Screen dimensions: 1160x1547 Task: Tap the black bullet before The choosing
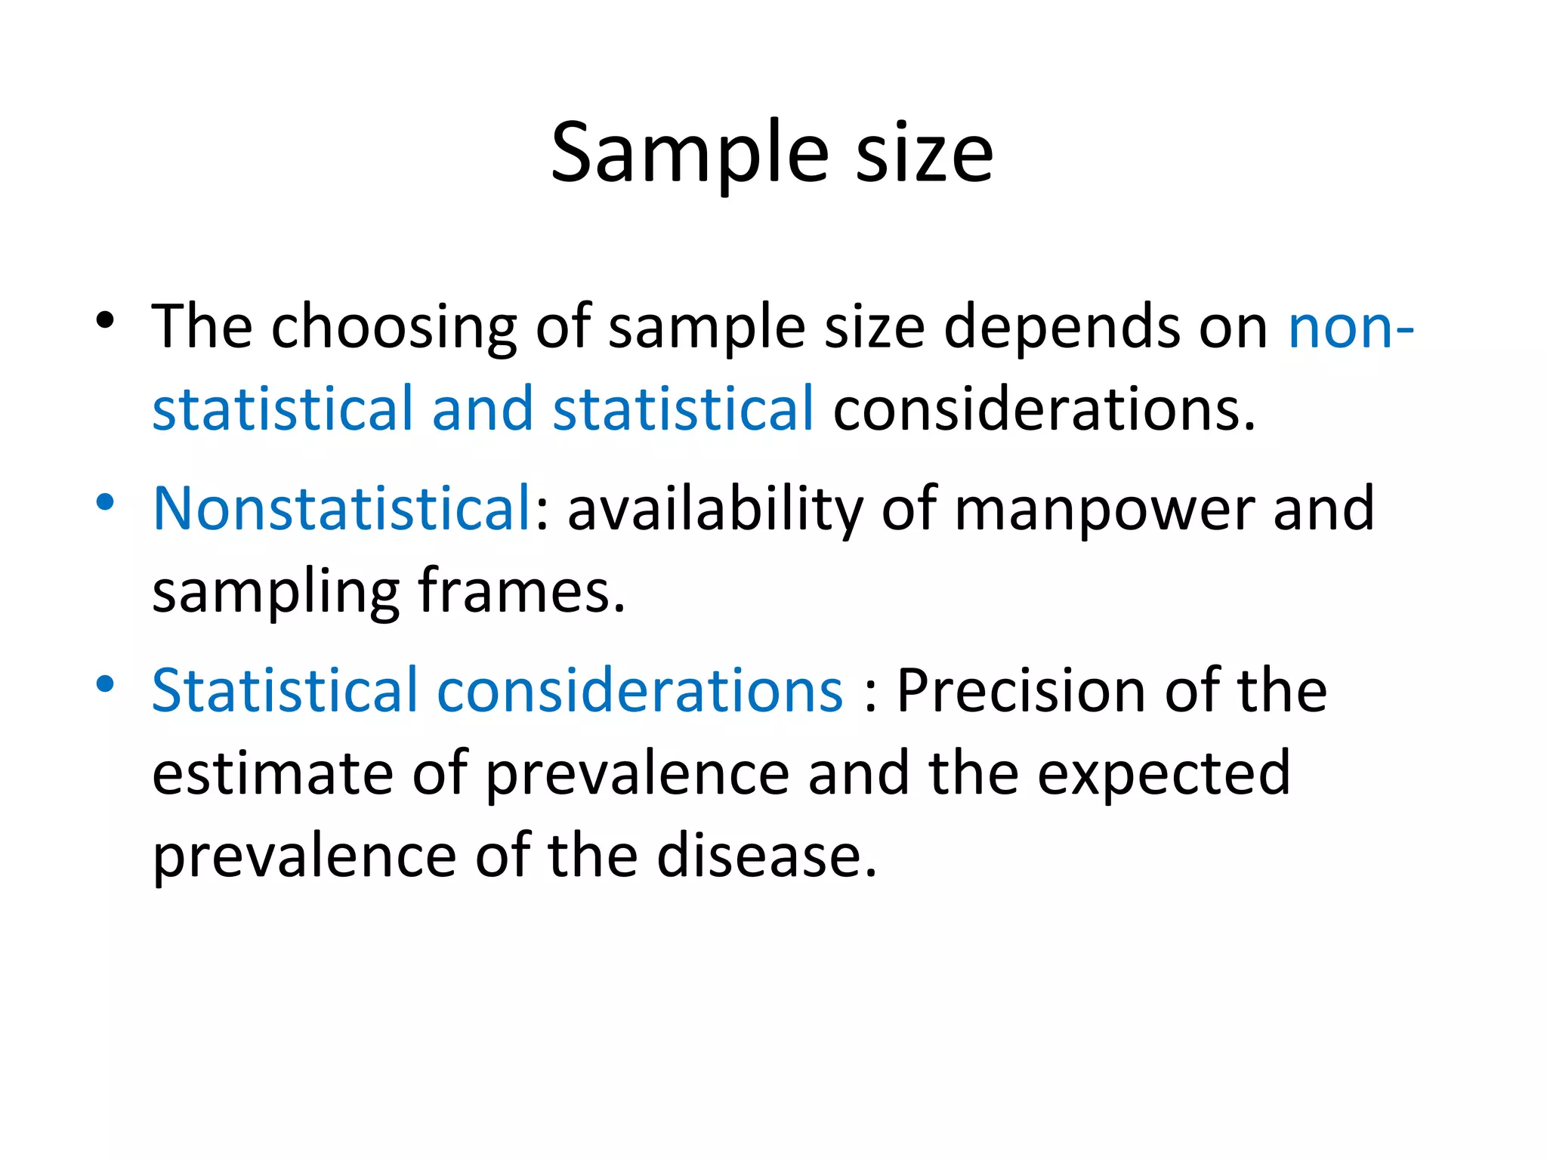coord(105,320)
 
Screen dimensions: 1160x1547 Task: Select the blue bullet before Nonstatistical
coord(105,502)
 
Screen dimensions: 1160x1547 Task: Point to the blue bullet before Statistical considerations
coord(105,684)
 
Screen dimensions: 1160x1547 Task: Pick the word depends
coord(1061,327)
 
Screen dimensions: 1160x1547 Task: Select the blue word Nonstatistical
coord(341,508)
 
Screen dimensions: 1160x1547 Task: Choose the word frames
coord(521,591)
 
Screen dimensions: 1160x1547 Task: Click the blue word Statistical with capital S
coord(284,691)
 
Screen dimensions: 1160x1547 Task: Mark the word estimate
coord(273,774)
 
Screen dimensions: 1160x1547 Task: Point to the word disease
coord(766,856)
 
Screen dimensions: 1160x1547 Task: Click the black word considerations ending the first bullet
coord(1043,409)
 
